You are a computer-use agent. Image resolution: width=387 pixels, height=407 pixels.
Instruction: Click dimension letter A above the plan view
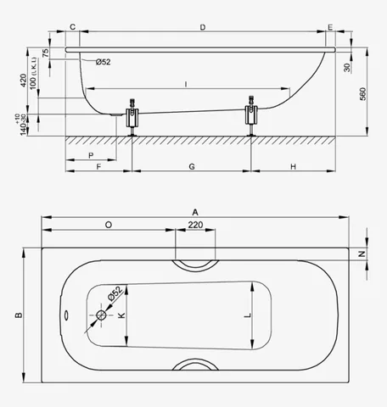click(x=195, y=212)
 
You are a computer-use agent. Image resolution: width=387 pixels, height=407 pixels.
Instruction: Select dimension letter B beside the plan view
click(x=19, y=315)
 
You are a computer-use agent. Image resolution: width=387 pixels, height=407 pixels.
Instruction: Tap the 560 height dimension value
click(x=362, y=94)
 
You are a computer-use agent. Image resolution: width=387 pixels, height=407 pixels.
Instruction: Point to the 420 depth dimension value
click(x=23, y=81)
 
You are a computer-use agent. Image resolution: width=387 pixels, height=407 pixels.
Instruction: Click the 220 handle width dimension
click(x=195, y=225)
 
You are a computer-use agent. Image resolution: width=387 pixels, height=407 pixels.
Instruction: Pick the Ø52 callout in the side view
click(x=103, y=62)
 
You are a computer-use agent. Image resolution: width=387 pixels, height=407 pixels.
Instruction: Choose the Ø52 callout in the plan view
click(x=115, y=293)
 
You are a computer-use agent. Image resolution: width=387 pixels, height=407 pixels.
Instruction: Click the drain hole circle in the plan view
click(x=101, y=315)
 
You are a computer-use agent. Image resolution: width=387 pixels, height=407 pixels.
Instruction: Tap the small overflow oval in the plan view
click(x=65, y=315)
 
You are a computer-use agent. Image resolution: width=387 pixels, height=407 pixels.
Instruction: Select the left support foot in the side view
click(x=132, y=117)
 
